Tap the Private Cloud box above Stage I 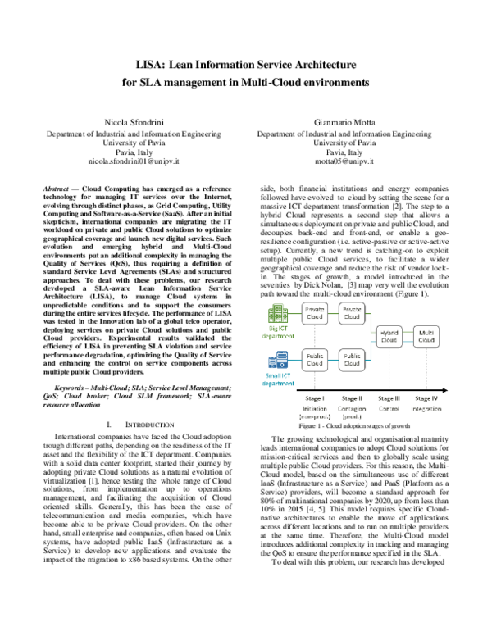[x=314, y=313]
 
